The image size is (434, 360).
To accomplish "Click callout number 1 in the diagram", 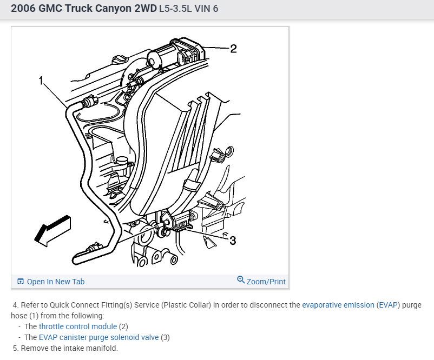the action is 41,81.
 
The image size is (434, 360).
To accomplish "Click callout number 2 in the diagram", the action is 233,49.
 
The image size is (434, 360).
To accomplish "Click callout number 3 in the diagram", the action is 233,241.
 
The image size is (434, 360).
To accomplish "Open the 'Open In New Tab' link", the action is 55,282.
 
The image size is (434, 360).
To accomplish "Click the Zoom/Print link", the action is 266,282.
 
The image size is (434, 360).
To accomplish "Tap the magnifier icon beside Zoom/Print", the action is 241,280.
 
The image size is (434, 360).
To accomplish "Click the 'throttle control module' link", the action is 78,326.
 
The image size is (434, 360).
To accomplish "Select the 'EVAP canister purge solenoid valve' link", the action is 98,337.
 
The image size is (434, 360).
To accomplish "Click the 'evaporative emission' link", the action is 338,305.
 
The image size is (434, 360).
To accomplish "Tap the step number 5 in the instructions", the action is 16,348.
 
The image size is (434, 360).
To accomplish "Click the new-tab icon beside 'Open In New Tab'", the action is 21,282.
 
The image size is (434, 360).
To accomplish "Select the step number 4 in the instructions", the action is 15,305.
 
